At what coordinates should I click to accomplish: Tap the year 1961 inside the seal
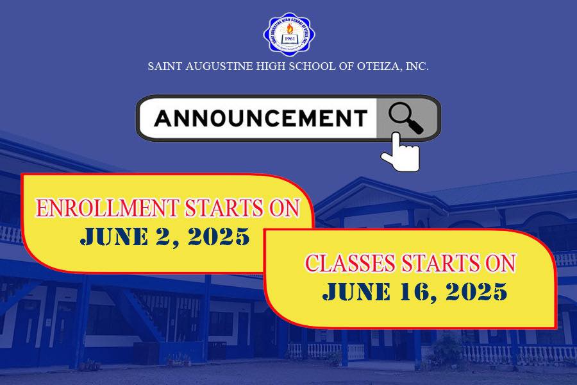coord(290,37)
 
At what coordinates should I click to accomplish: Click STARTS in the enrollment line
coord(221,209)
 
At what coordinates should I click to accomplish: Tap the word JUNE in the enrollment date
coord(112,237)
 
